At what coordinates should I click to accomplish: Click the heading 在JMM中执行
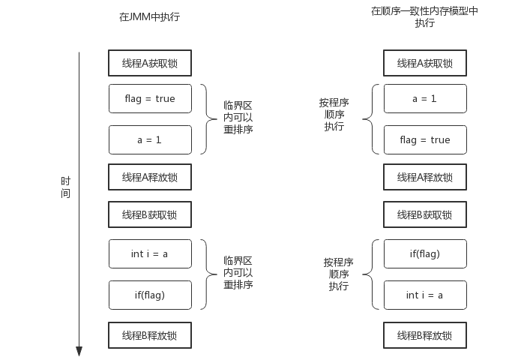[x=150, y=16]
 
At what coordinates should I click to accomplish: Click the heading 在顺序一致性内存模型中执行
[x=424, y=16]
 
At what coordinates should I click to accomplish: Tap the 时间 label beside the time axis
[x=66, y=187]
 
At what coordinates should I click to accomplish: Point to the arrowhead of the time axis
[x=79, y=351]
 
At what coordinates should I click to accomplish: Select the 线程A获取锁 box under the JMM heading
[x=150, y=63]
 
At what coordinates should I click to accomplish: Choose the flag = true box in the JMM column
[x=150, y=98]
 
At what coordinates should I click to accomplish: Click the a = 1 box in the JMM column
[x=150, y=139]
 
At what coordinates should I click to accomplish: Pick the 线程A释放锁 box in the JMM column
[x=150, y=177]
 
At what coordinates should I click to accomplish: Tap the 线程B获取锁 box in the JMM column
[x=150, y=214]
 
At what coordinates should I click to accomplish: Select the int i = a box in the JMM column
[x=150, y=253]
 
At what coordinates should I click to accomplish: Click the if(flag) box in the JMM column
[x=150, y=295]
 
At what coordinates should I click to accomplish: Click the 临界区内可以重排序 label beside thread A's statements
[x=238, y=118]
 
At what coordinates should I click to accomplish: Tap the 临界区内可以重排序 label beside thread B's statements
[x=238, y=273]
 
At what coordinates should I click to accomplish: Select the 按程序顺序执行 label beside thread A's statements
[x=334, y=115]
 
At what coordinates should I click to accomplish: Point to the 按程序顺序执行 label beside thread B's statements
[x=339, y=274]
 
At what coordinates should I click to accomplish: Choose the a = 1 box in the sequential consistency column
[x=425, y=98]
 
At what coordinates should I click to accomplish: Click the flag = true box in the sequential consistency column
[x=425, y=139]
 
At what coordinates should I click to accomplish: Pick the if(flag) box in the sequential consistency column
[x=425, y=253]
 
